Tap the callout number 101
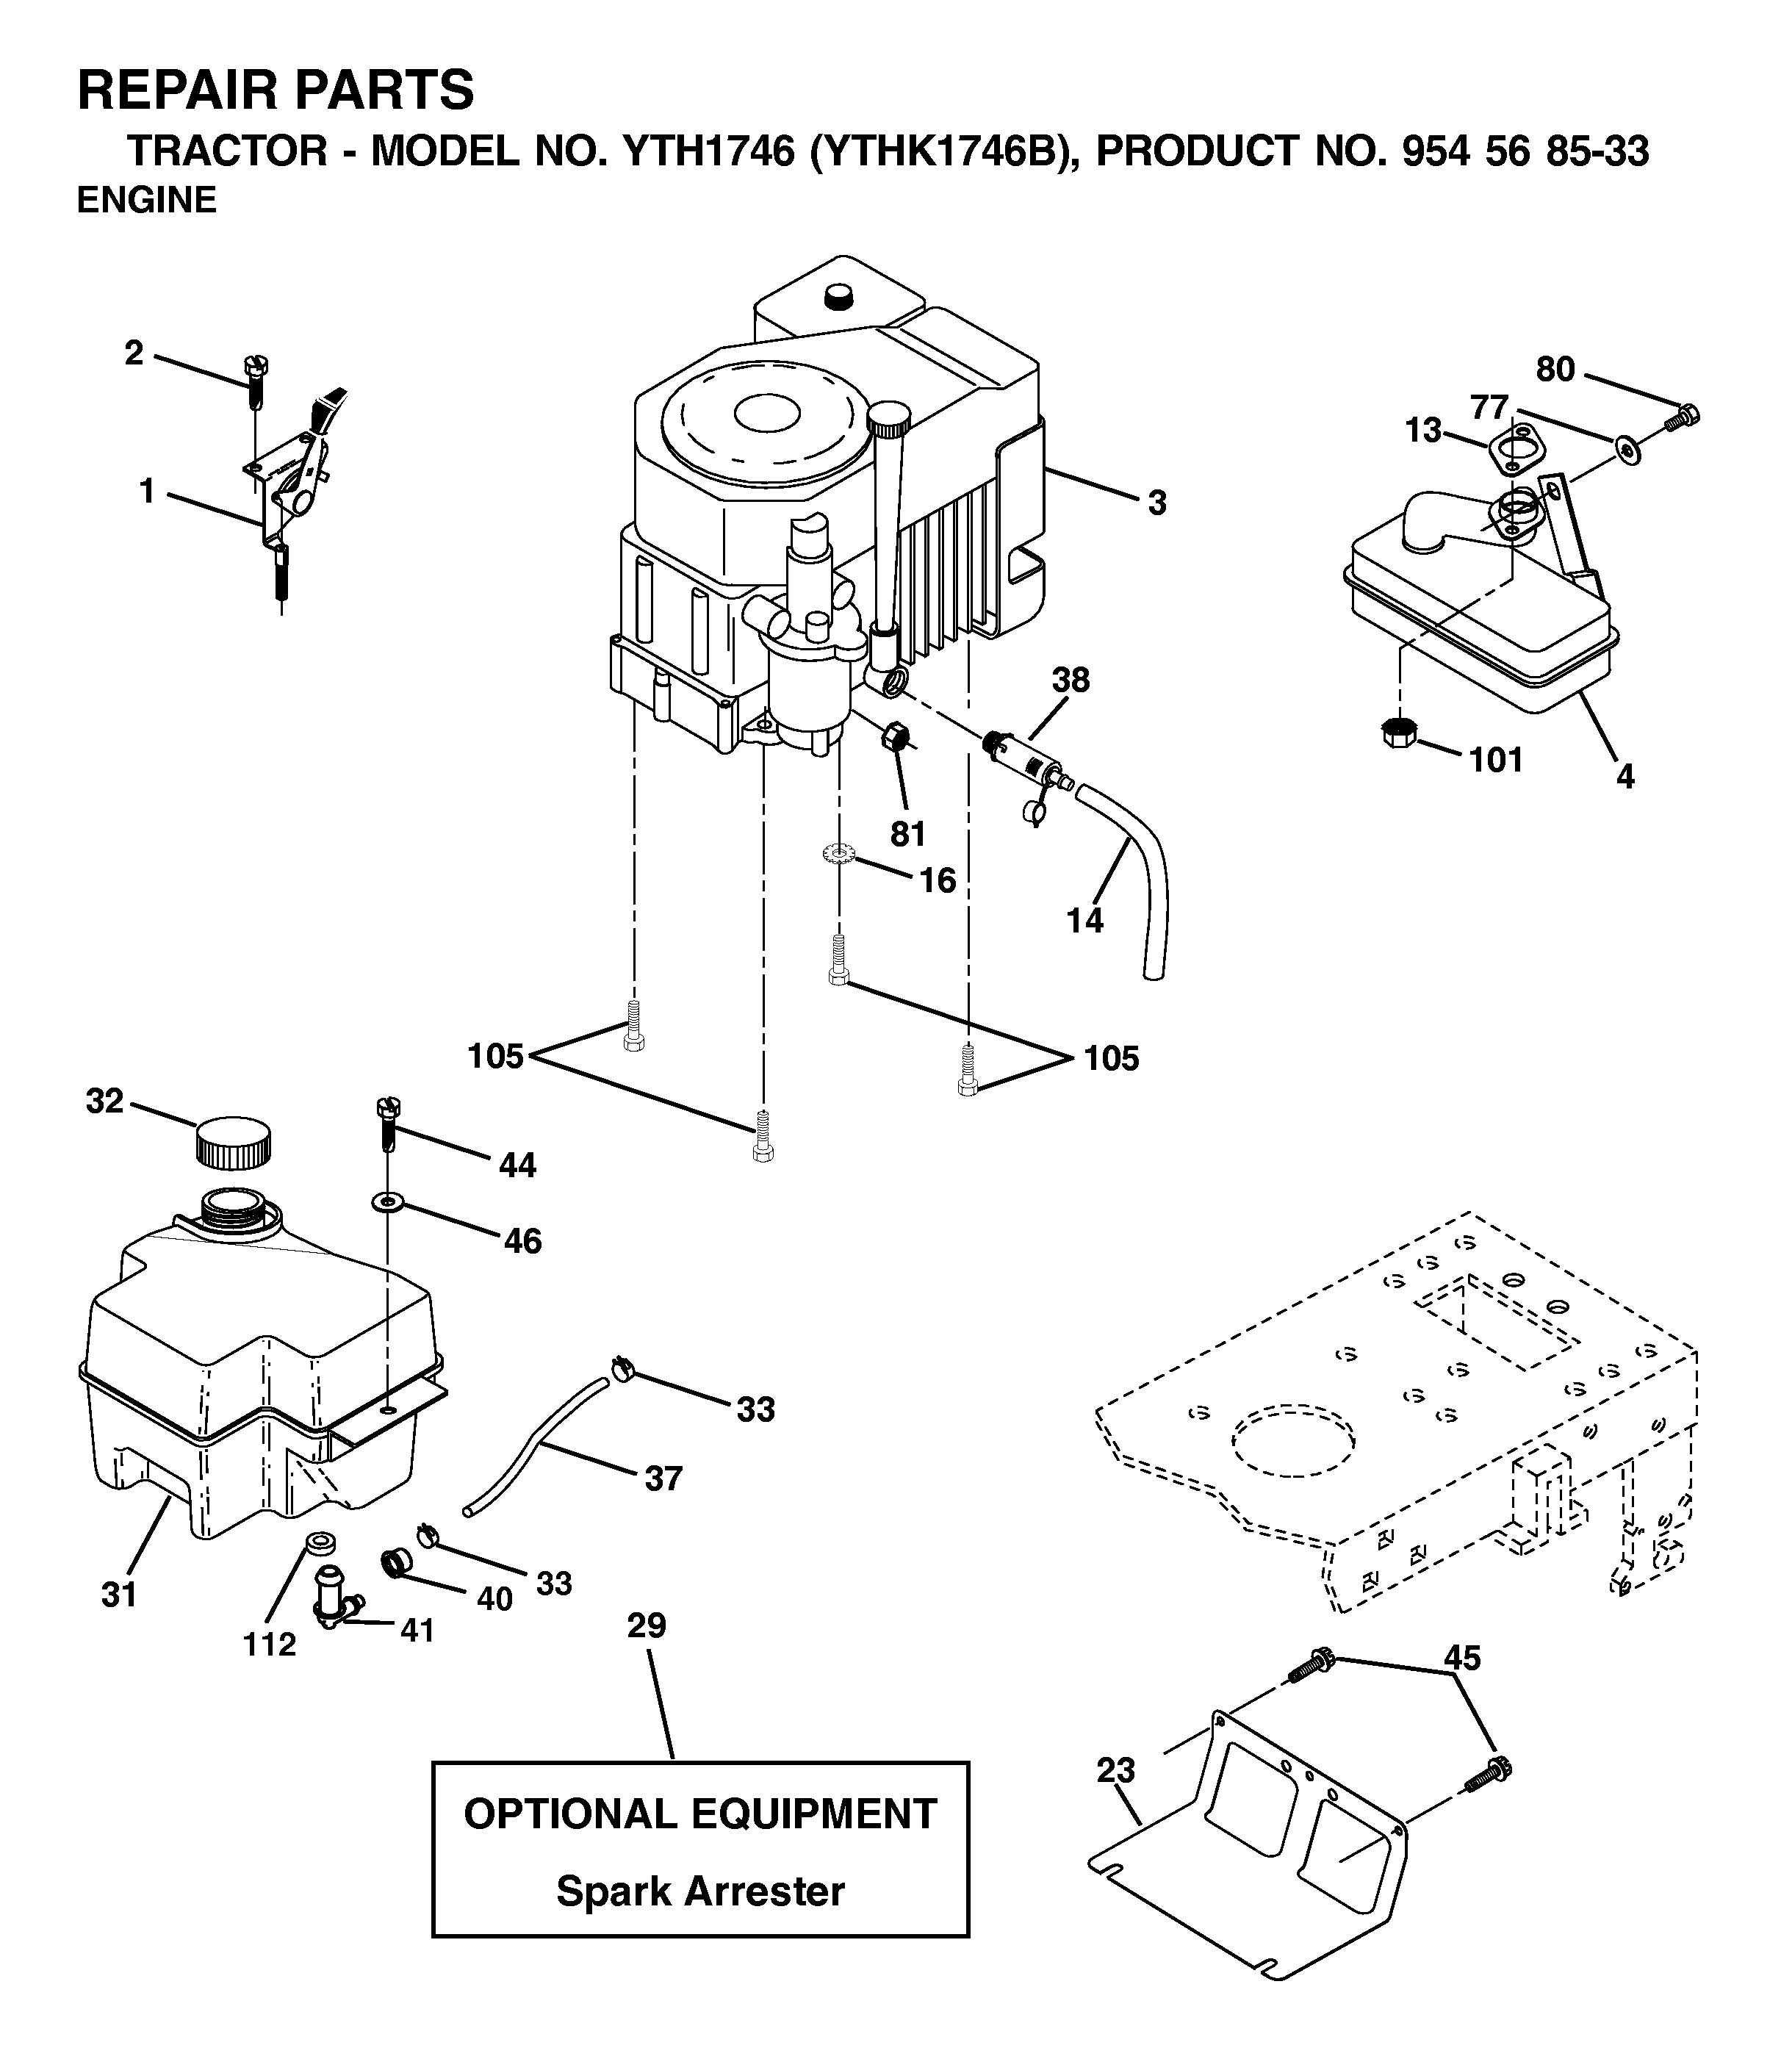(1496, 761)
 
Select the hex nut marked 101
(1397, 733)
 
